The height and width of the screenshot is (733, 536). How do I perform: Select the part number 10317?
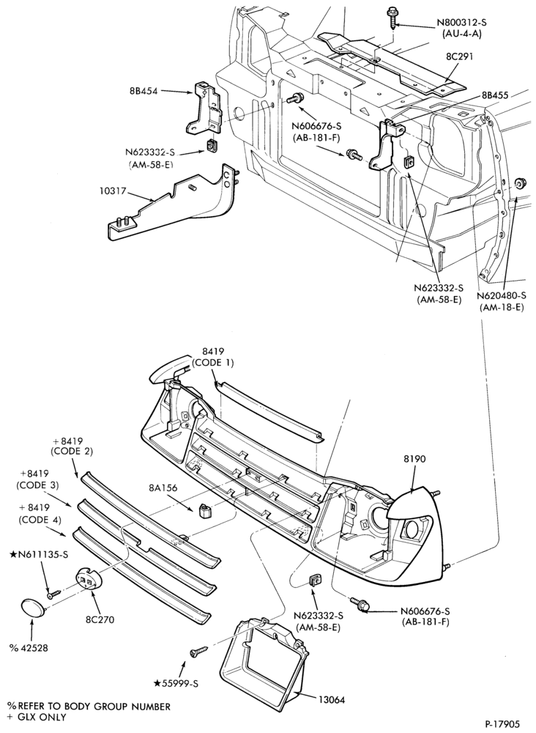tap(113, 191)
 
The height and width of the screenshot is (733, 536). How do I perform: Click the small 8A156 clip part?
tap(204, 510)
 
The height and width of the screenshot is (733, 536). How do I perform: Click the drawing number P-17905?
tap(502, 723)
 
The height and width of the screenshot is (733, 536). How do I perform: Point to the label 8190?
tap(414, 459)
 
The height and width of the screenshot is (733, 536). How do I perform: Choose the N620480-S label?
tap(502, 295)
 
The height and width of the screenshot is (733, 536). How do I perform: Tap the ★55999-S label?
tap(176, 683)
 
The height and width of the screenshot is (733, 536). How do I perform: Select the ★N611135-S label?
tap(40, 555)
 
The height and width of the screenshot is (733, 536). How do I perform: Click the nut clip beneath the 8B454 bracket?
tap(211, 147)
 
